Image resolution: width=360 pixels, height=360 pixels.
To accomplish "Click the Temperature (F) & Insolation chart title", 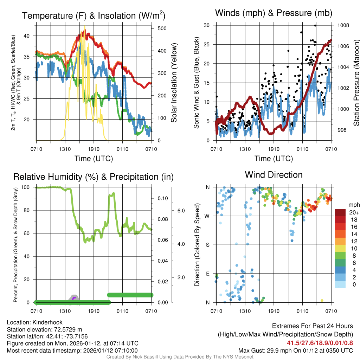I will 94,15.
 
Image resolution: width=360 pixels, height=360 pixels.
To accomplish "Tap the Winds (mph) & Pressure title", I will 274,13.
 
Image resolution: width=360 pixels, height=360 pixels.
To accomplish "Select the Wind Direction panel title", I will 274,175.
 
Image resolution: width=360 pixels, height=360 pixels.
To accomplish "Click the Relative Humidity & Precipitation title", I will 94,177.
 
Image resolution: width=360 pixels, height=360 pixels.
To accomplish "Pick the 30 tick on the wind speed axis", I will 206,25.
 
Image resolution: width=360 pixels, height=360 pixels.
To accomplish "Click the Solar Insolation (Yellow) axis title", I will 174,83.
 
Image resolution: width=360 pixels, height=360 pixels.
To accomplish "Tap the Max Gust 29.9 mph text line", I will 295,351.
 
